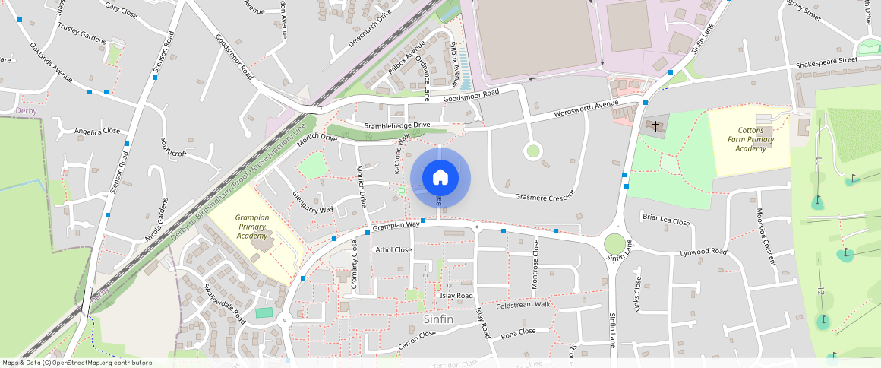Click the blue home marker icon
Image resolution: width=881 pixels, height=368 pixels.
point(440,178)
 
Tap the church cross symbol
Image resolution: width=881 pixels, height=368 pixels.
point(655,126)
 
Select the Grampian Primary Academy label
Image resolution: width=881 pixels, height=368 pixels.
point(251,226)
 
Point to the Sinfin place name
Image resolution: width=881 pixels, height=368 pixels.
point(438,319)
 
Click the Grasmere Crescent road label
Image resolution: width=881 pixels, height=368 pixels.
point(542,197)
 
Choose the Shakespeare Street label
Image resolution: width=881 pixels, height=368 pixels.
point(826,60)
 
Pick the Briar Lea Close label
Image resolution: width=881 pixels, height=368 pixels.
point(666,222)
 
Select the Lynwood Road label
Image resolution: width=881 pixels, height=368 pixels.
point(703,252)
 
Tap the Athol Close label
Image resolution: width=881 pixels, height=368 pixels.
point(393,249)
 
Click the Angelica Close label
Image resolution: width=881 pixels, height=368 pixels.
point(96,132)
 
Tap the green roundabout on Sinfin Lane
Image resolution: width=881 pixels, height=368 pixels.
point(614,244)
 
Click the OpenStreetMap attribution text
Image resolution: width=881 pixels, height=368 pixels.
point(76,363)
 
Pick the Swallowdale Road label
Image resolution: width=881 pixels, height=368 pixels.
point(223,303)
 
